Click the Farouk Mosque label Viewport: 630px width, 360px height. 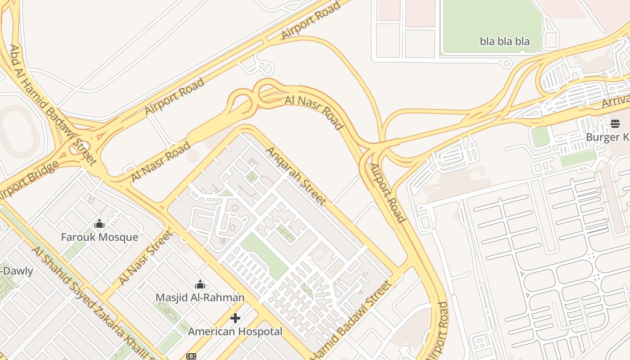[x=99, y=237]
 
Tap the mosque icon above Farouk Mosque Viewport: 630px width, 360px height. [x=99, y=224]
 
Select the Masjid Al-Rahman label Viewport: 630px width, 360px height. [x=200, y=297]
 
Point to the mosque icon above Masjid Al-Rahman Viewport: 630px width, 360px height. [x=200, y=284]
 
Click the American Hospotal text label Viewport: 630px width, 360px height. [x=235, y=332]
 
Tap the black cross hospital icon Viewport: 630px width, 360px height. [x=235, y=319]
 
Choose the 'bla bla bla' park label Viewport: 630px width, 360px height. [x=504, y=41]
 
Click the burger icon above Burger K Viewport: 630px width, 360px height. [x=615, y=124]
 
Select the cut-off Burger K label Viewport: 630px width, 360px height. [x=607, y=137]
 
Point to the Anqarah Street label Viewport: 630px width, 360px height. [x=296, y=175]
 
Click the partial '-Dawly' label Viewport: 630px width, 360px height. [x=17, y=271]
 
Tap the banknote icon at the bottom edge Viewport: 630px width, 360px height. [x=191, y=356]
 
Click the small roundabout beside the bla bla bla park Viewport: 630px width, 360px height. [x=506, y=63]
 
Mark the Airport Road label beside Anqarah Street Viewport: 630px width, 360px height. [x=388, y=193]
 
